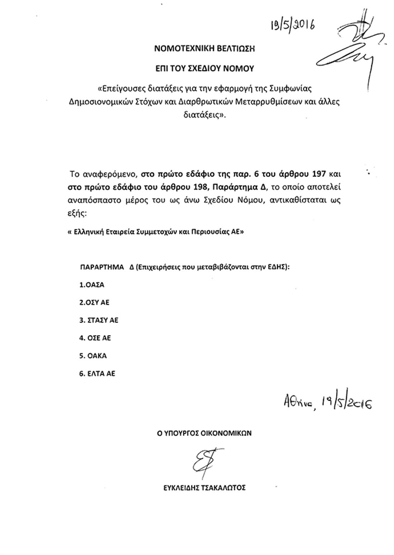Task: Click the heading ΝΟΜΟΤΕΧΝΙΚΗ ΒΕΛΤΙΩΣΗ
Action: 204,49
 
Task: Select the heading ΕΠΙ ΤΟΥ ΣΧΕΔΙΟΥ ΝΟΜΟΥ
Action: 204,68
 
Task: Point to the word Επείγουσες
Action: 119,88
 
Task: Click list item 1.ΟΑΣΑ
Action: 92,285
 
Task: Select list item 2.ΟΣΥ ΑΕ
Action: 94,303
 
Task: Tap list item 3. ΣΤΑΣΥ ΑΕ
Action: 99,320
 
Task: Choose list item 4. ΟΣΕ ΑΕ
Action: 95,338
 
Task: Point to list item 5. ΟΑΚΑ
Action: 93,356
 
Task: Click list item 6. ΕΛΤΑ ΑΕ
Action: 97,373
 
